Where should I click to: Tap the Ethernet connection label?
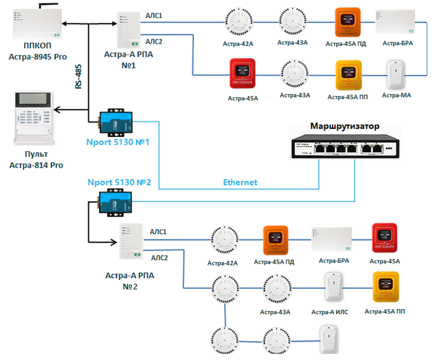coord(240,182)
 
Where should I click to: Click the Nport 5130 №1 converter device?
coord(115,122)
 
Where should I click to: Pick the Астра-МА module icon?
coord(397,75)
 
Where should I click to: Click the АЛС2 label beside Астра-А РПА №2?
coord(159,258)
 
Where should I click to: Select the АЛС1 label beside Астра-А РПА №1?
coord(154,15)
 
